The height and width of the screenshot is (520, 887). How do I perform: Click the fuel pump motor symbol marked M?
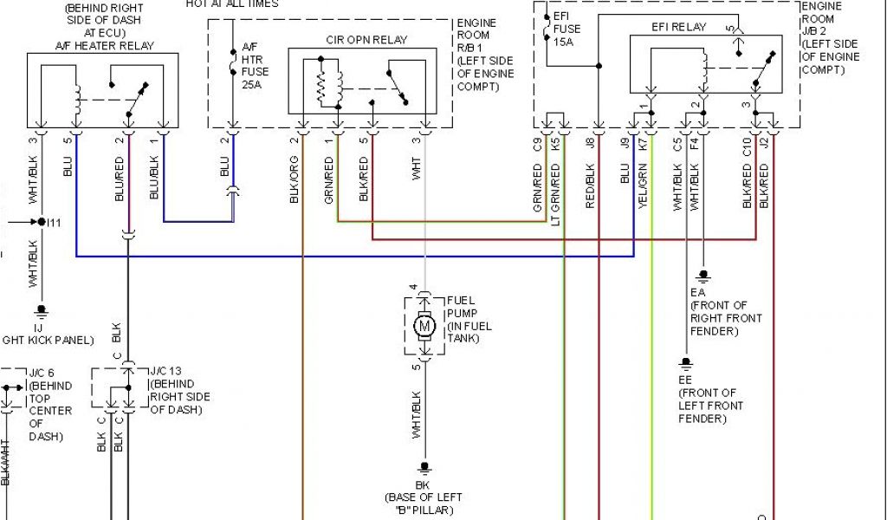click(424, 326)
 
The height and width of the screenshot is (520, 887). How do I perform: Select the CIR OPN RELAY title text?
click(366, 40)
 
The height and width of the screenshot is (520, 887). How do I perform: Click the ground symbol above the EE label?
click(685, 362)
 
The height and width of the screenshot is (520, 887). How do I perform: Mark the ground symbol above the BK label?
click(424, 467)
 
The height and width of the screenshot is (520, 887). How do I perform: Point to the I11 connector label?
click(54, 222)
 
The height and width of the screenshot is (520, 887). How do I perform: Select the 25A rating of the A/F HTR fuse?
click(250, 85)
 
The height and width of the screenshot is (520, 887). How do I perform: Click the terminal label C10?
click(746, 146)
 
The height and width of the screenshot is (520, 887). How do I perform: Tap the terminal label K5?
click(555, 146)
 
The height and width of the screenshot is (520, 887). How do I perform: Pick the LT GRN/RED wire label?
click(555, 192)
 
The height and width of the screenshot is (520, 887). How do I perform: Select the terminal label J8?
click(590, 146)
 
